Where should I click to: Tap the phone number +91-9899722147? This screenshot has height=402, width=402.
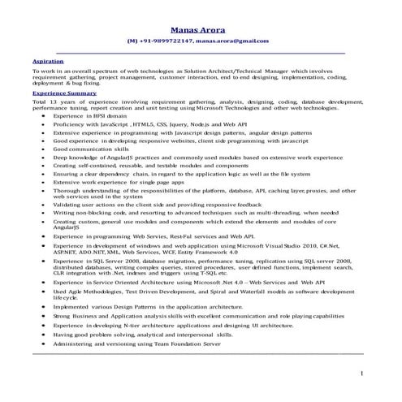pos(166,41)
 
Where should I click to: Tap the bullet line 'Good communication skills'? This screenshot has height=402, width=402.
pos(91,149)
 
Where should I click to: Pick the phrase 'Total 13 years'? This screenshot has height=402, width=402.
pos(50,102)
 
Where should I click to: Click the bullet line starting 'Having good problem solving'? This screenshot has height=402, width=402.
pos(142,334)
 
